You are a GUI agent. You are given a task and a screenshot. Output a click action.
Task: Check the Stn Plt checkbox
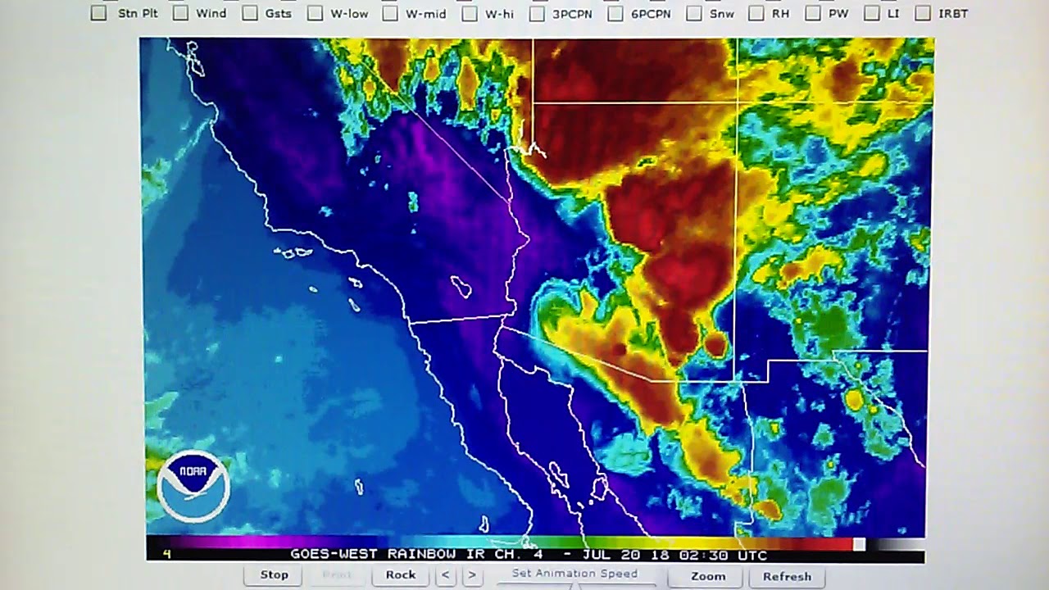99,13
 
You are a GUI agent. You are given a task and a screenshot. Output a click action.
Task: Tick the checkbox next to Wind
180,13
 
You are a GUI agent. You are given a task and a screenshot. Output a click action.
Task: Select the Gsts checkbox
250,13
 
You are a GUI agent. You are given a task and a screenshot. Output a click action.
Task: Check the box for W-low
315,13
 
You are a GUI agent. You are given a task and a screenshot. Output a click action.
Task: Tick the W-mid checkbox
390,13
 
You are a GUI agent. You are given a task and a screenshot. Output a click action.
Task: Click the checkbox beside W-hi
470,13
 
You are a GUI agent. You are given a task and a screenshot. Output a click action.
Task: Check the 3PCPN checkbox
537,13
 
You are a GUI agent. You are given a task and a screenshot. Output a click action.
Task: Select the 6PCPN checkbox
615,13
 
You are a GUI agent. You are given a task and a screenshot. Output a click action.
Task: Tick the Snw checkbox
694,13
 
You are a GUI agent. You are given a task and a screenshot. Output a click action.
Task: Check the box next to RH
756,13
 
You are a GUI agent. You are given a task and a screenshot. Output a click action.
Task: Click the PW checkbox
813,13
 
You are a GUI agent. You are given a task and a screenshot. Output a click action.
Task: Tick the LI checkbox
872,13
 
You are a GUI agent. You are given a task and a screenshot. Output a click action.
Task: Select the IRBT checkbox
923,13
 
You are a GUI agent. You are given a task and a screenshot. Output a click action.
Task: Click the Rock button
401,575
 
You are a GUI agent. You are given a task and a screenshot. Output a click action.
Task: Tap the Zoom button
708,576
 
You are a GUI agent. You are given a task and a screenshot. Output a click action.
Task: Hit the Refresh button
787,576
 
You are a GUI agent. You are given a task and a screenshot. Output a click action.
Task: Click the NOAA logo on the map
193,486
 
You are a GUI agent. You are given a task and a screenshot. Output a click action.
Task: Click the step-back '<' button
446,575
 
